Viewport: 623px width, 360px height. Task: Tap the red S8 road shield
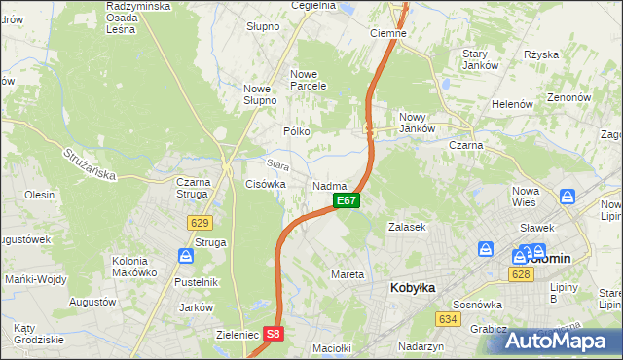pos(275,334)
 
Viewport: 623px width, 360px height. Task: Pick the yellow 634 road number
pos(448,319)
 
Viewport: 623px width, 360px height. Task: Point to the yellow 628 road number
pos(519,276)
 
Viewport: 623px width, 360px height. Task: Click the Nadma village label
pos(330,185)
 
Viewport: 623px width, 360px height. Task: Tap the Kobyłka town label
pos(413,287)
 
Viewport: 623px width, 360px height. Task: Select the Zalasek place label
pos(407,226)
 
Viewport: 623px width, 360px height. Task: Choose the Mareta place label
pos(348,274)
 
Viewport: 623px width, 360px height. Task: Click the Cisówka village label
pos(265,183)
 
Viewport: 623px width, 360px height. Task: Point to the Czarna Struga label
pos(199,187)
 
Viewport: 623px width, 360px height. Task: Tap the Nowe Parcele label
pos(308,80)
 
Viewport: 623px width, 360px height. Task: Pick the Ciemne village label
pos(387,32)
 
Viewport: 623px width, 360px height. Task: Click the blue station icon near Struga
pos(185,257)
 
